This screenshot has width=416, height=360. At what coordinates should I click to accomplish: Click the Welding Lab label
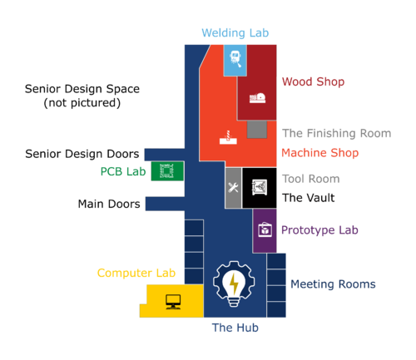[x=235, y=33]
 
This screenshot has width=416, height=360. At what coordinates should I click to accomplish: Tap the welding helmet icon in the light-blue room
[x=235, y=59]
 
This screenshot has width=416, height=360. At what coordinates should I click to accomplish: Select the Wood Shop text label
[x=313, y=81]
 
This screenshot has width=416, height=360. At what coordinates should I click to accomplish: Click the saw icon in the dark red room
[x=257, y=98]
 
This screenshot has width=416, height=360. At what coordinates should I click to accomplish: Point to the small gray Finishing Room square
[x=257, y=129]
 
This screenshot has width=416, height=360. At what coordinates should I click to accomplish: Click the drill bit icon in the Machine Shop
[x=228, y=137]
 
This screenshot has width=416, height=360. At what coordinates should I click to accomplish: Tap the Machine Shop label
[x=320, y=153]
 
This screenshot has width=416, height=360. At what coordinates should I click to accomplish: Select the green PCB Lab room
[x=167, y=171]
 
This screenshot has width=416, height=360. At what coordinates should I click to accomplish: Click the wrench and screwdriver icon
[x=233, y=188]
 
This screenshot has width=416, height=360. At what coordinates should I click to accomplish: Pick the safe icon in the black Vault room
[x=260, y=188]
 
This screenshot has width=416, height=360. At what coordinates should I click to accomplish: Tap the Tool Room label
[x=311, y=179]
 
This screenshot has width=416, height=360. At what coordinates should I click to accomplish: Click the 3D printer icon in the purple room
[x=265, y=229]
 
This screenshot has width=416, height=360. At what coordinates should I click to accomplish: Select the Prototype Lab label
[x=319, y=230]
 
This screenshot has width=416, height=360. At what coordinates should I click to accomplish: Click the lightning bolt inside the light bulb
[x=235, y=284]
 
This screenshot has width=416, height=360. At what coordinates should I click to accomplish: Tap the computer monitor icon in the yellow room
[x=173, y=302]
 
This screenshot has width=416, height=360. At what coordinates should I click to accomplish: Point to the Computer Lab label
[x=136, y=273]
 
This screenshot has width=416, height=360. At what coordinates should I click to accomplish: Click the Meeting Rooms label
[x=333, y=284]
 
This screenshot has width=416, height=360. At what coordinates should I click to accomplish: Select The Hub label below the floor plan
[x=235, y=328]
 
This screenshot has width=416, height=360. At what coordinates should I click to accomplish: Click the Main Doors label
[x=109, y=204]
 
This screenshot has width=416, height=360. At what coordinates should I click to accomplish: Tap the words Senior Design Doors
[x=82, y=154]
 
